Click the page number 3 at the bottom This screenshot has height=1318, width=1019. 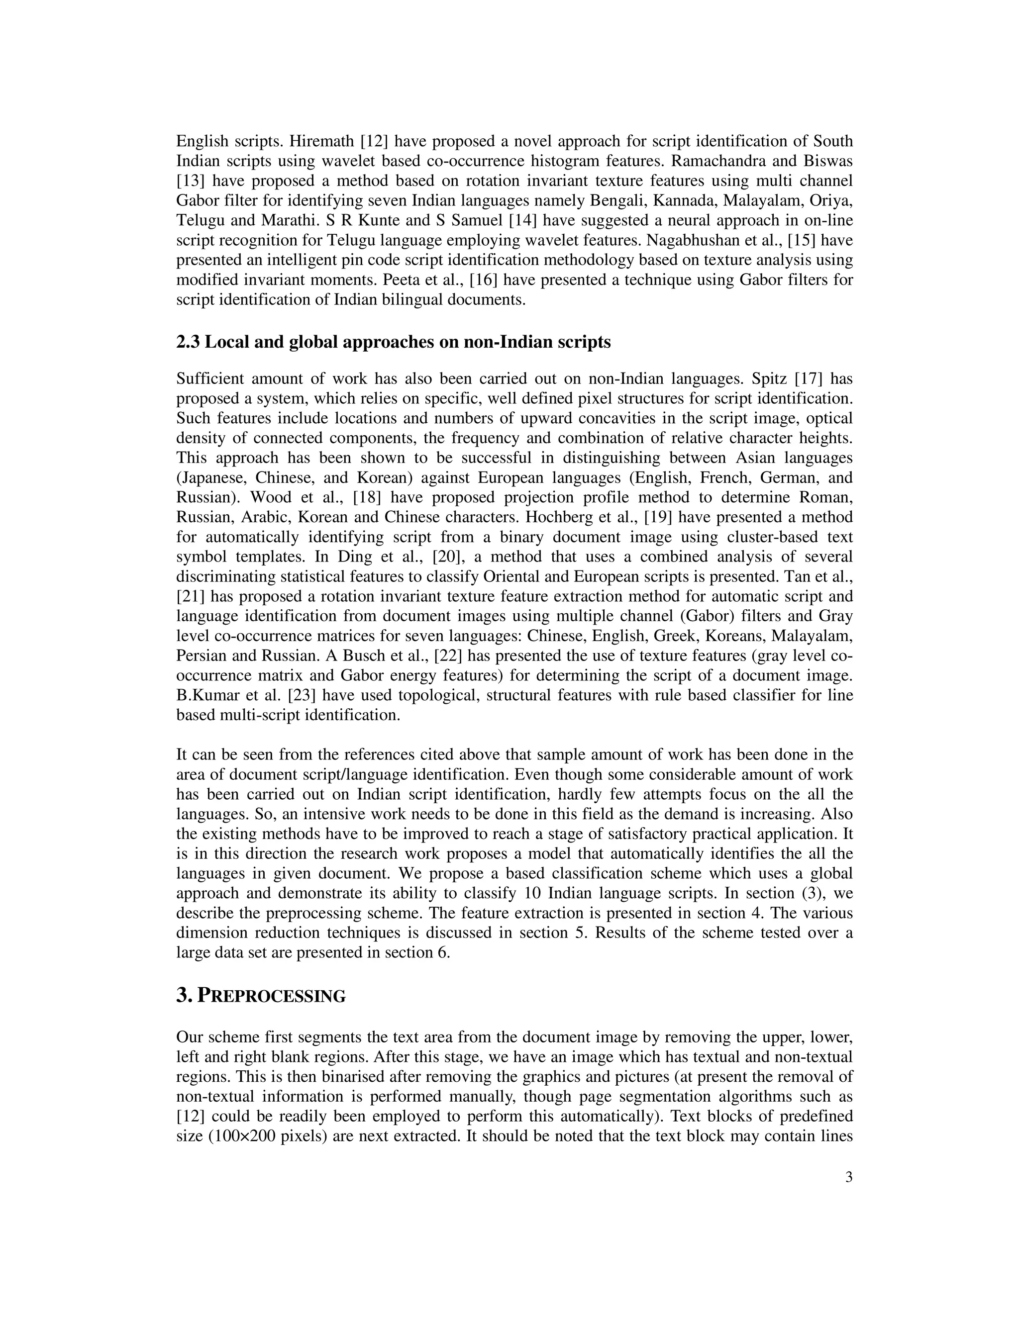tap(849, 1177)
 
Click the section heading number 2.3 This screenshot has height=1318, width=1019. tap(189, 343)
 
